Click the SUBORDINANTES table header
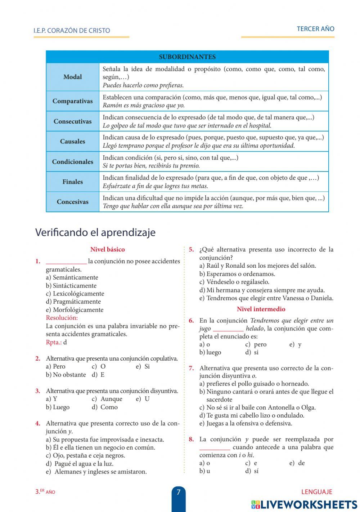pyautogui.click(x=187, y=57)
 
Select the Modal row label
pyautogui.click(x=72, y=77)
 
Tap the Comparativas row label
pyautogui.click(x=72, y=101)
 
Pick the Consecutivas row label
pyautogui.click(x=72, y=121)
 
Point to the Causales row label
pyautogui.click(x=72, y=142)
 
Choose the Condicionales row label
pyautogui.click(x=72, y=162)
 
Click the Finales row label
pyautogui.click(x=72, y=182)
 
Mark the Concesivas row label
pyautogui.click(x=72, y=202)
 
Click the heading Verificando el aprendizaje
pyautogui.click(x=95, y=232)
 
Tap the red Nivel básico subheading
pyautogui.click(x=107, y=249)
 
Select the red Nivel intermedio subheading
pyautogui.click(x=261, y=309)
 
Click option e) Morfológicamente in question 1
pyautogui.click(x=75, y=310)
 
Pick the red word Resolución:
pyautogui.click(x=62, y=318)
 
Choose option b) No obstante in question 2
pyautogui.click(x=66, y=375)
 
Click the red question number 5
pyautogui.click(x=191, y=249)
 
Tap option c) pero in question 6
pyautogui.click(x=256, y=344)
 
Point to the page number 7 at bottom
pyautogui.click(x=179, y=492)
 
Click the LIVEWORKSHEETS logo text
pyautogui.click(x=309, y=504)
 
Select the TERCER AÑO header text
pyautogui.click(x=315, y=29)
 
